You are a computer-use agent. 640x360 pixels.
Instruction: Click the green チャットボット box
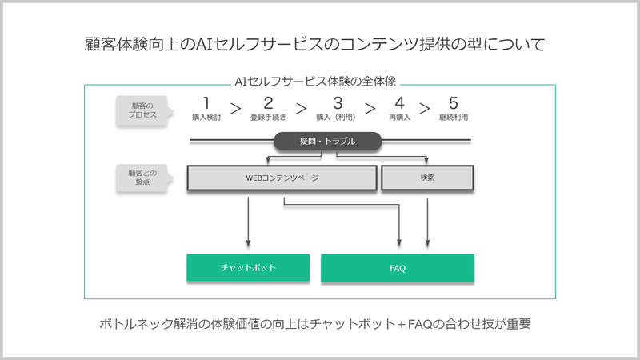[x=248, y=268]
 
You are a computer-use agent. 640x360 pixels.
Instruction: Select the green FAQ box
[x=398, y=268]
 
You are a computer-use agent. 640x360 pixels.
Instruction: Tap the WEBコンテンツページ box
[x=282, y=178]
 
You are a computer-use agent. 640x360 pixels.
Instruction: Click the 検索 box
[x=427, y=178]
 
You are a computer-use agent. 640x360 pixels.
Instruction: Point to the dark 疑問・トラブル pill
[x=327, y=142]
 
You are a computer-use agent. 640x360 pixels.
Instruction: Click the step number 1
[x=206, y=102]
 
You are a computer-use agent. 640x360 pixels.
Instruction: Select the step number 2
[x=268, y=103]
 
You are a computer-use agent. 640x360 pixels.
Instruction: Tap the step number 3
[x=338, y=103]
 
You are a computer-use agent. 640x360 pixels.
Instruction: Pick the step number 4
[x=399, y=103]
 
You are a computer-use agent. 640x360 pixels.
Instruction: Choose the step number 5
[x=454, y=103]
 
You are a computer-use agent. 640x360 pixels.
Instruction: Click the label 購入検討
[x=206, y=118]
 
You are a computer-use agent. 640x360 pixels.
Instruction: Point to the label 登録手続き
[x=268, y=118]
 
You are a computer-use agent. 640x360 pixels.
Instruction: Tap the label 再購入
[x=399, y=118]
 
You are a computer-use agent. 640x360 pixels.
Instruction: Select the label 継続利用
[x=454, y=118]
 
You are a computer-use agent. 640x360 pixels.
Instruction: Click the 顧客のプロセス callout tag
[x=144, y=110]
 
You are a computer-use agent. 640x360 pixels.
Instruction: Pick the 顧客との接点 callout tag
[x=144, y=178]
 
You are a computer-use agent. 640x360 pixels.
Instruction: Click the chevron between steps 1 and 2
[x=235, y=109]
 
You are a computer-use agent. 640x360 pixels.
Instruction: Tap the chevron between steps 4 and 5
[x=425, y=109]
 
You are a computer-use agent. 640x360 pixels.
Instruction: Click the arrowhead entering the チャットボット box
[x=248, y=244]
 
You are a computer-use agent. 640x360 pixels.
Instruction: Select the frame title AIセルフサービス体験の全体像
[x=315, y=82]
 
